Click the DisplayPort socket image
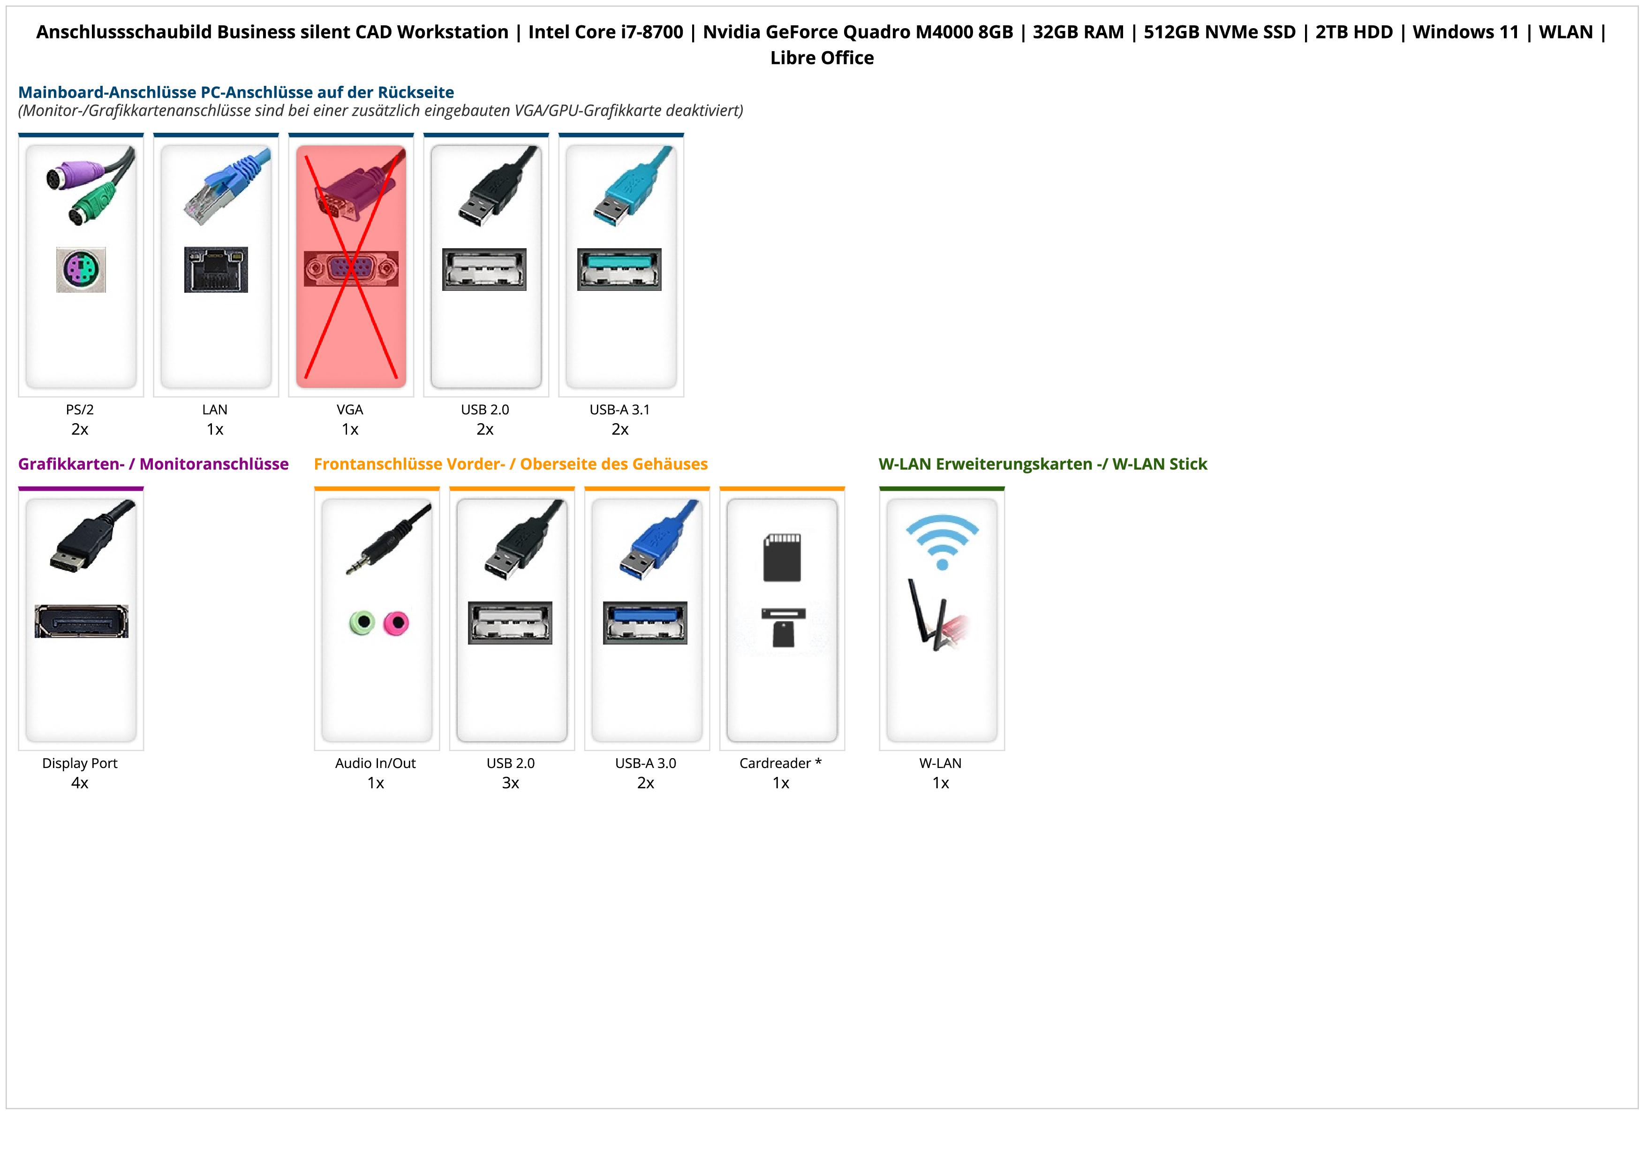coord(81,621)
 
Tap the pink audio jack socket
coord(395,623)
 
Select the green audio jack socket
coord(362,623)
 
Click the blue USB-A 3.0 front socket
coord(645,623)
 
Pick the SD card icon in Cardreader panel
coord(782,557)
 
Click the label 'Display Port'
coord(80,763)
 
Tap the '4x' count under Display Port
coord(80,783)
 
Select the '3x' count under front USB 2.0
coord(510,783)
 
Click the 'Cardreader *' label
coord(780,763)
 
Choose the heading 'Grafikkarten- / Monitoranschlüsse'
coord(153,464)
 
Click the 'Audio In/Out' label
coord(376,763)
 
